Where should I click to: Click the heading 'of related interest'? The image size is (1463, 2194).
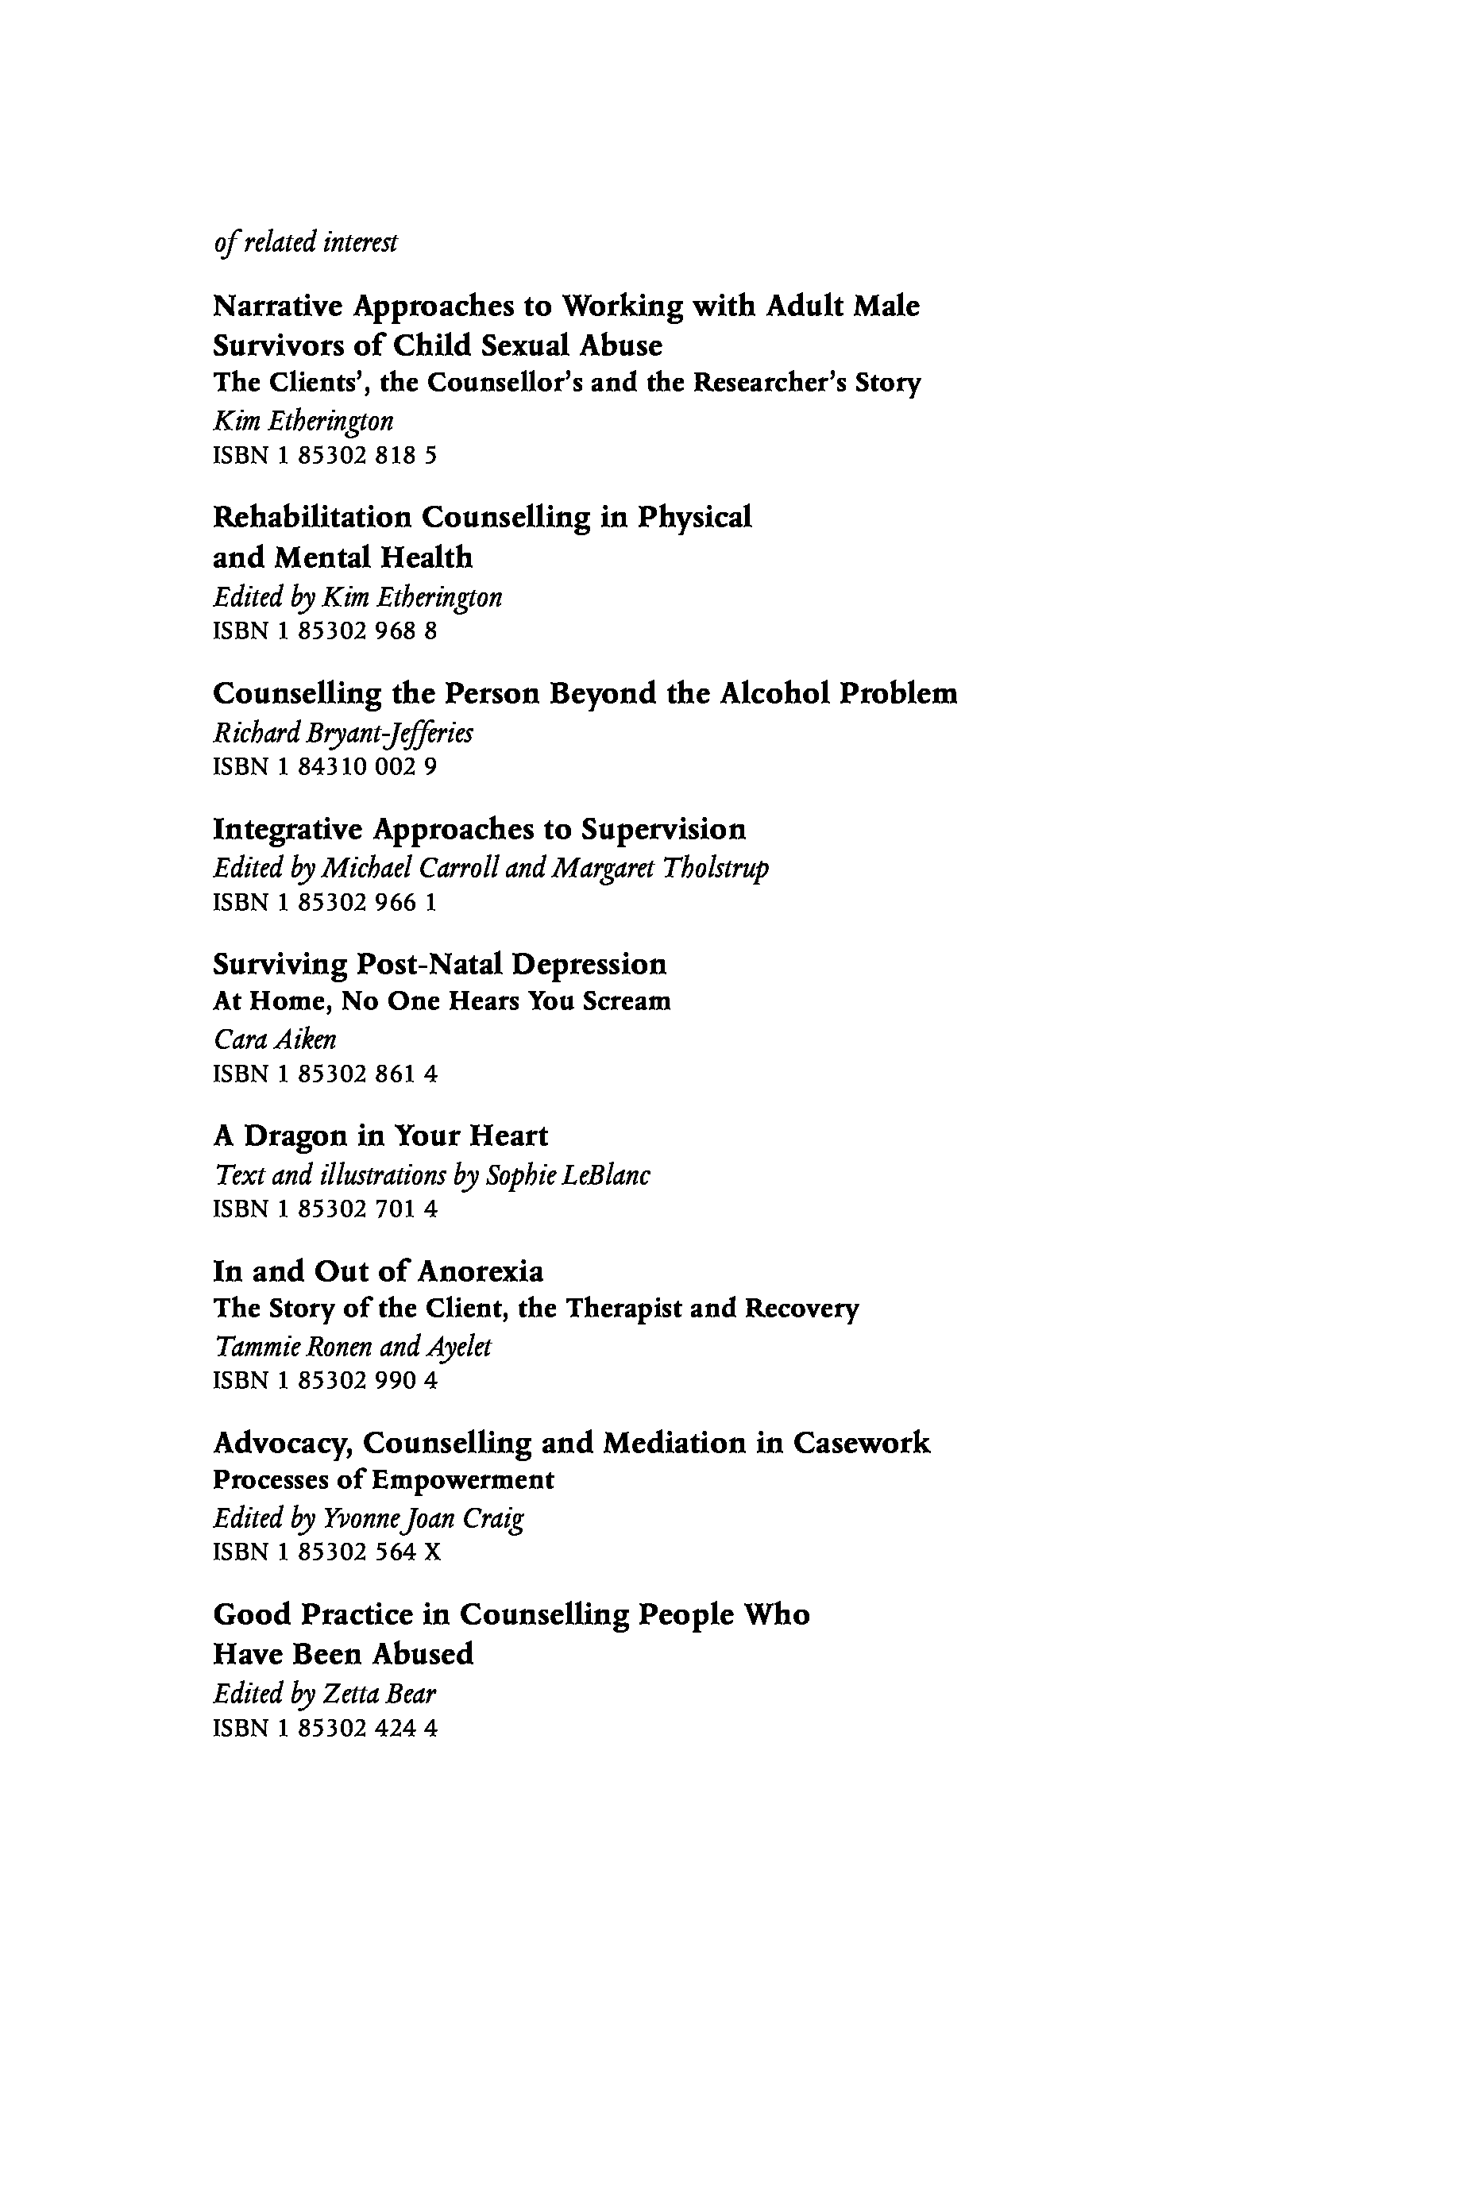pyautogui.click(x=305, y=242)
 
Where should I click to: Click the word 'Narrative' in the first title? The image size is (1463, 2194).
pyautogui.click(x=278, y=306)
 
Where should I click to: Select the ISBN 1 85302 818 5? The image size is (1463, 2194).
pyautogui.click(x=325, y=456)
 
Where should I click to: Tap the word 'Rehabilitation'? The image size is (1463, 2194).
pyautogui.click(x=311, y=517)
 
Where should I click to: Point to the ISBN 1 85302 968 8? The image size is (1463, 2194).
pyautogui.click(x=325, y=631)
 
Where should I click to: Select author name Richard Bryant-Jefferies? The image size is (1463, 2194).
pyautogui.click(x=342, y=733)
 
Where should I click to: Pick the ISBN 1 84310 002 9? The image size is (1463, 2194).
pyautogui.click(x=325, y=767)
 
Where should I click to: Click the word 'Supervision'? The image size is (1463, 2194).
pyautogui.click(x=663, y=828)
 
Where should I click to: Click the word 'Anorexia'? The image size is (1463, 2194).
pyautogui.click(x=480, y=1271)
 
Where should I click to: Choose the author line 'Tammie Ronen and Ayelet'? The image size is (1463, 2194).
pyautogui.click(x=352, y=1347)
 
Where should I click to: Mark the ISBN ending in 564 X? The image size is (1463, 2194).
pyautogui.click(x=326, y=1552)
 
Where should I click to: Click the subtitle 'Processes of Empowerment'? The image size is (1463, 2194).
pyautogui.click(x=384, y=1480)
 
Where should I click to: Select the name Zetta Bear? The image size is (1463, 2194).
pyautogui.click(x=379, y=1693)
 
